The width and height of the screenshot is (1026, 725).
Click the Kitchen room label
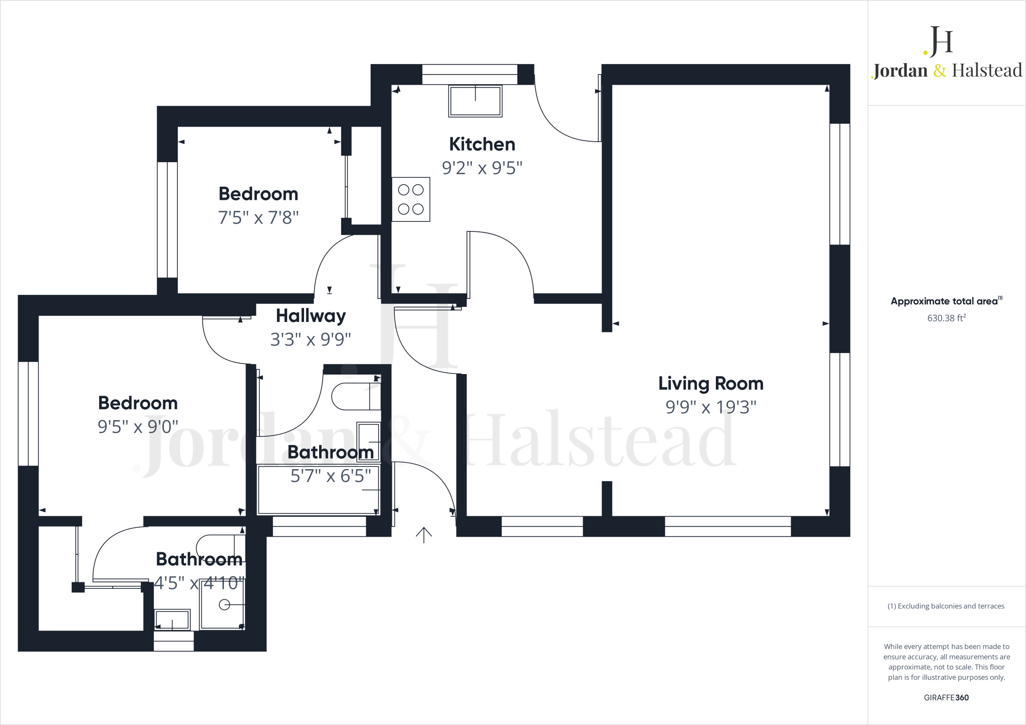482,144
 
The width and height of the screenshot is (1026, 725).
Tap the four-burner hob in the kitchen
411,199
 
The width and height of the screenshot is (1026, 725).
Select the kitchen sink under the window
475,101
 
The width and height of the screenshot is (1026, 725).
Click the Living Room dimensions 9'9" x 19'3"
710,407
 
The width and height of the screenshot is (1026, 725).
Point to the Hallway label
311,316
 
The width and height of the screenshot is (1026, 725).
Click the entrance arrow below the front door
424,535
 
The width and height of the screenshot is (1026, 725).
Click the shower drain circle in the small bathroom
224,605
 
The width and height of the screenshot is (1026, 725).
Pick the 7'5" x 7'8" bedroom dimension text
258,218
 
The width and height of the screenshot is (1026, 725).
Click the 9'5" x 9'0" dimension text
138,427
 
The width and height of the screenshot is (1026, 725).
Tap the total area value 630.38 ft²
946,318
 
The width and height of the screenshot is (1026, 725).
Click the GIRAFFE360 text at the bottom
946,697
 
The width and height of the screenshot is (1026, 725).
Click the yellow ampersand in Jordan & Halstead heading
940,71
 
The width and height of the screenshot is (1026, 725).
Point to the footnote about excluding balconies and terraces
946,606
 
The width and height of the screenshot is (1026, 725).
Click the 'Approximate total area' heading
945,301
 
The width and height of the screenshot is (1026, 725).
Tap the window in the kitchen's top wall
469,74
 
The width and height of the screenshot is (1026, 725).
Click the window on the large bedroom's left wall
28,414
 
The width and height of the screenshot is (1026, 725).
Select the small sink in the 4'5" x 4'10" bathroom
172,620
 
